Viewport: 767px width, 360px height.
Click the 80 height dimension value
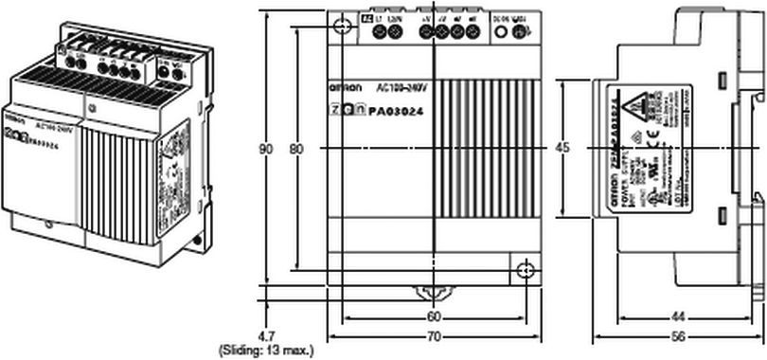coord(296,149)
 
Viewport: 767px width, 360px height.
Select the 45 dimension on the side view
coord(562,148)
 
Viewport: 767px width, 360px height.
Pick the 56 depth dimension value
coord(678,336)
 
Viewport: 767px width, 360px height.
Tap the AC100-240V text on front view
coord(403,86)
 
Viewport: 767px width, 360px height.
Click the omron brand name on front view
coord(344,87)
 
